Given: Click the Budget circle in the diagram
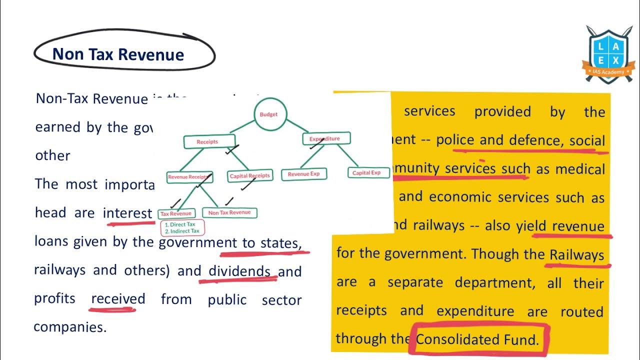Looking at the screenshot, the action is [268, 114].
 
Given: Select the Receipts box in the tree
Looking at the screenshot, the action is [208, 142].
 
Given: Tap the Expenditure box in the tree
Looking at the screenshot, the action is [326, 138].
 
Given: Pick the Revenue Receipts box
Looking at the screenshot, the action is [188, 177].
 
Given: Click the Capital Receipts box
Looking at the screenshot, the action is [249, 175].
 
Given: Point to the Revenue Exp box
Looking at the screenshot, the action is [304, 174].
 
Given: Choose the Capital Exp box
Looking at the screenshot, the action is [366, 173].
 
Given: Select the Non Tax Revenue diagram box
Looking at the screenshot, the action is [229, 213].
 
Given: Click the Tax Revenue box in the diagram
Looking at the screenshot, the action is [176, 214].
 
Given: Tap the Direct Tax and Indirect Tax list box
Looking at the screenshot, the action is [182, 228].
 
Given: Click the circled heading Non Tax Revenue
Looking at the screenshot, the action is [118, 54].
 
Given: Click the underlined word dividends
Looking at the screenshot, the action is [239, 271].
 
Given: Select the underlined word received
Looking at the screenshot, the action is [118, 299].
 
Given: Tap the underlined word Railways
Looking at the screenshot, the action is [577, 254].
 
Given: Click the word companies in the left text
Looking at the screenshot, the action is [69, 327].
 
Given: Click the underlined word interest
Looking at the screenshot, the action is [127, 213].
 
